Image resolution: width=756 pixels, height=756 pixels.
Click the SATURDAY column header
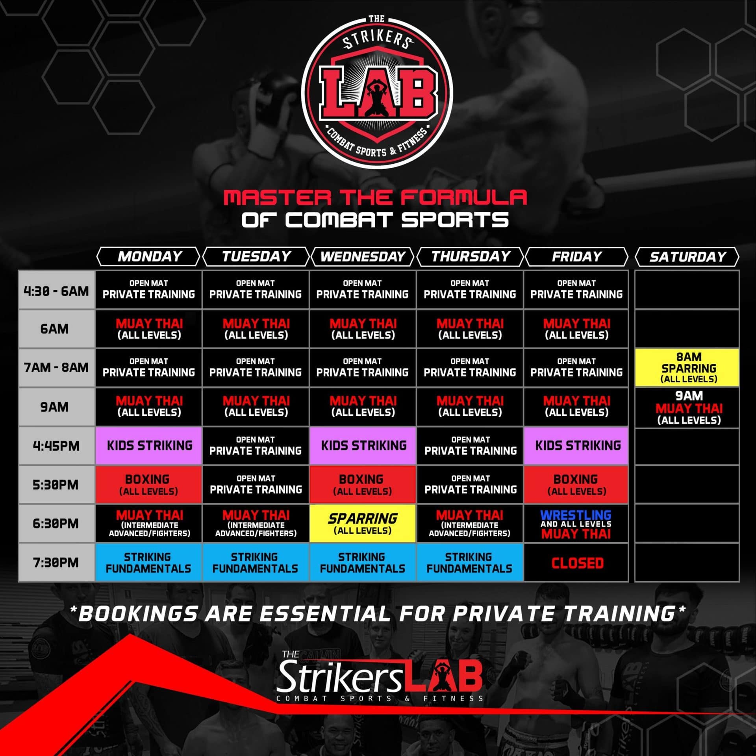687,257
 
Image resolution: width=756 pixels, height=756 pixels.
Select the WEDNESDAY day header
363,257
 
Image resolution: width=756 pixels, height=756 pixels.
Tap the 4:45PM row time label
56,446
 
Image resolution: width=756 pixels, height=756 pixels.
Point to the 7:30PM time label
56,562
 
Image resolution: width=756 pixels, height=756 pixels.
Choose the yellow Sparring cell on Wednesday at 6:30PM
363,523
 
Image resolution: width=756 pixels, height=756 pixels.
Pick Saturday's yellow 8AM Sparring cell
687,367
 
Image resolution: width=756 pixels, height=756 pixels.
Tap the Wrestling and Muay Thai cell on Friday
576,524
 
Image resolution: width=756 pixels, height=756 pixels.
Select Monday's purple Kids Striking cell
149,446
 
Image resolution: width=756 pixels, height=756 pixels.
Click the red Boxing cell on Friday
576,484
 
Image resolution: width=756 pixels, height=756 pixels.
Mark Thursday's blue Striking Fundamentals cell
470,562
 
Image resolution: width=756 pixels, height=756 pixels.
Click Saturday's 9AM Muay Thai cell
687,408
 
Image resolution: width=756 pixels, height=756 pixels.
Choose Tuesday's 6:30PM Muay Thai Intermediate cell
256,524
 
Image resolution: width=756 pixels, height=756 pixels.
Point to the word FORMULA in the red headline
464,198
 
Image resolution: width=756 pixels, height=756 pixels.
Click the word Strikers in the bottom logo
339,677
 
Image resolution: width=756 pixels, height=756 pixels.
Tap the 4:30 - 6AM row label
56,291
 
